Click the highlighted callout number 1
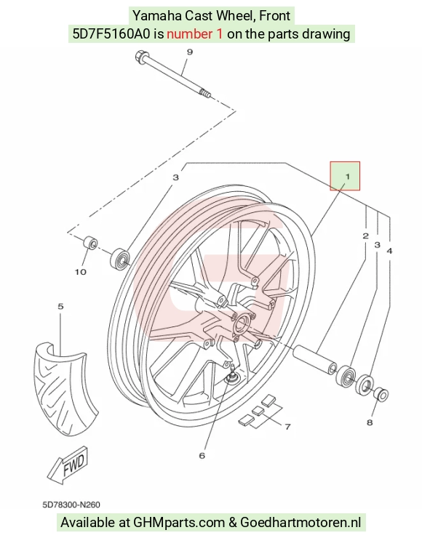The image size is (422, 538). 347,177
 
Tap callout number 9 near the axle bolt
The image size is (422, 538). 190,52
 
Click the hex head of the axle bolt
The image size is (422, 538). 140,56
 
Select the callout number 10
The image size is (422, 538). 80,272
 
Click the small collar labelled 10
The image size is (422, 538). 90,244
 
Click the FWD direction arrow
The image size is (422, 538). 68,465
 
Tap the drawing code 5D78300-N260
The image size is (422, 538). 71,505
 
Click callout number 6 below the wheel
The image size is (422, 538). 202,455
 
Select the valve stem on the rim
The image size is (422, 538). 232,373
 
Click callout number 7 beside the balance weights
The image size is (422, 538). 287,427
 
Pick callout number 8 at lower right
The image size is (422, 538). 370,422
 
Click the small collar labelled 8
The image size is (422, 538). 381,394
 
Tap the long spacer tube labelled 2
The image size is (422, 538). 314,359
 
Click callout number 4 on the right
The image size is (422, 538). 389,251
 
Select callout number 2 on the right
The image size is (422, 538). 365,236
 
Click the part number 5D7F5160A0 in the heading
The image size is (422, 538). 111,34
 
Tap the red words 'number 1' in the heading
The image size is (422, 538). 194,34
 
